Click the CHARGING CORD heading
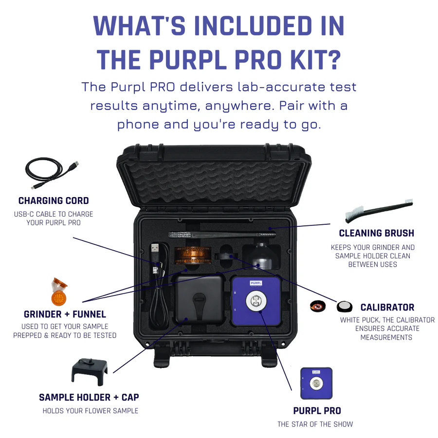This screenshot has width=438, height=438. (54, 201)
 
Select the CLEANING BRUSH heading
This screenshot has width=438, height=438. (377, 233)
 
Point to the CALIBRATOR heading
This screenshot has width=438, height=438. (387, 307)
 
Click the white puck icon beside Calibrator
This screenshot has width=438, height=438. (345, 307)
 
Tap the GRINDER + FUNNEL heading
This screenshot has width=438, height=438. (65, 314)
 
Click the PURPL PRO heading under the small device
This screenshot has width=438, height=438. (317, 411)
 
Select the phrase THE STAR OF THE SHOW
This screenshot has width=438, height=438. (315, 424)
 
